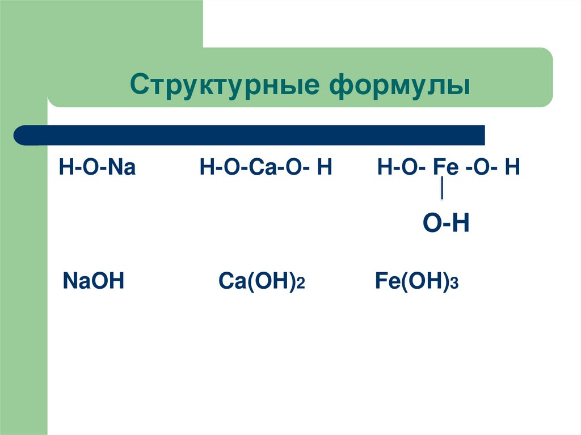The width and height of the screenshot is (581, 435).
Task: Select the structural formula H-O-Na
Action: (x=97, y=169)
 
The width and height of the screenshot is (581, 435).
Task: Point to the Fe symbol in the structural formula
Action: (x=442, y=169)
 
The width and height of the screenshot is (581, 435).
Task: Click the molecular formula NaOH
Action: (x=93, y=281)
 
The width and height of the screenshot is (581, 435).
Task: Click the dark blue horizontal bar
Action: (x=250, y=135)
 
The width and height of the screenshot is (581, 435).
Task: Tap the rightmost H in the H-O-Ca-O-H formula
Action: (x=325, y=169)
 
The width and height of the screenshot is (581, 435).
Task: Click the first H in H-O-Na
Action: (x=65, y=169)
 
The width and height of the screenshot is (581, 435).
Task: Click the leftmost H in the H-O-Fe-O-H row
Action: (x=384, y=169)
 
